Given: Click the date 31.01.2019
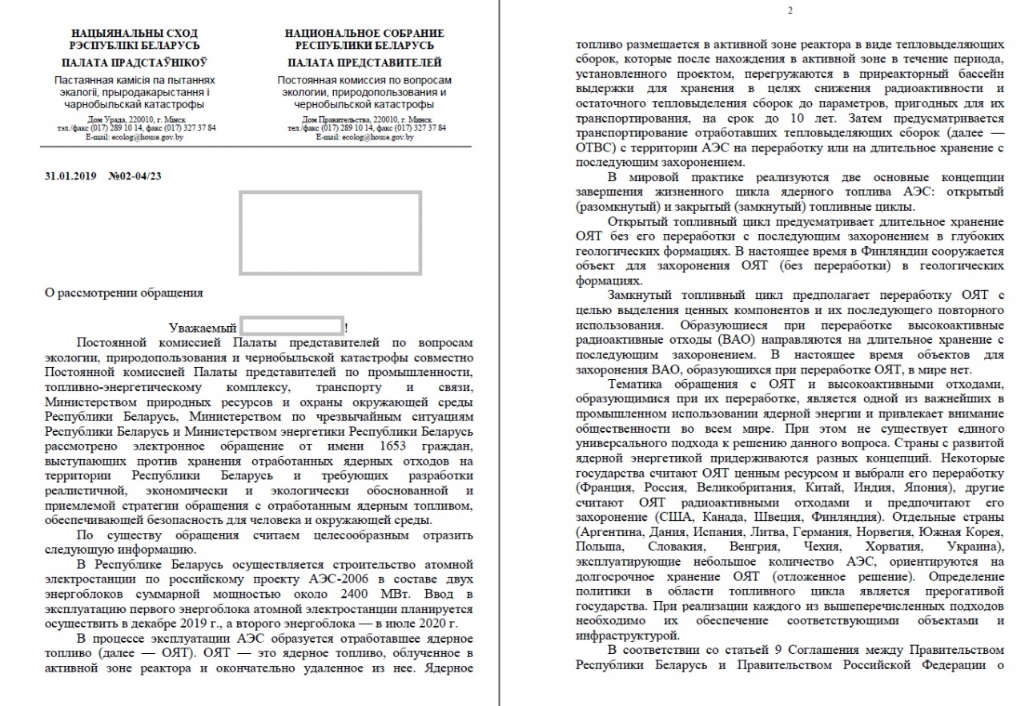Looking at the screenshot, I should tap(72, 175).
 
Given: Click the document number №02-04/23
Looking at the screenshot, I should tap(140, 175).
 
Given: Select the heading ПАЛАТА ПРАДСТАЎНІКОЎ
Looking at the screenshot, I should tap(135, 63).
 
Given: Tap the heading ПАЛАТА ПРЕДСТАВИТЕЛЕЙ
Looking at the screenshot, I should tap(364, 63).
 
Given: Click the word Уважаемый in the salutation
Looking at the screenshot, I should tap(203, 328).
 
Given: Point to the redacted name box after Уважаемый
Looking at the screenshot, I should tap(292, 327).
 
